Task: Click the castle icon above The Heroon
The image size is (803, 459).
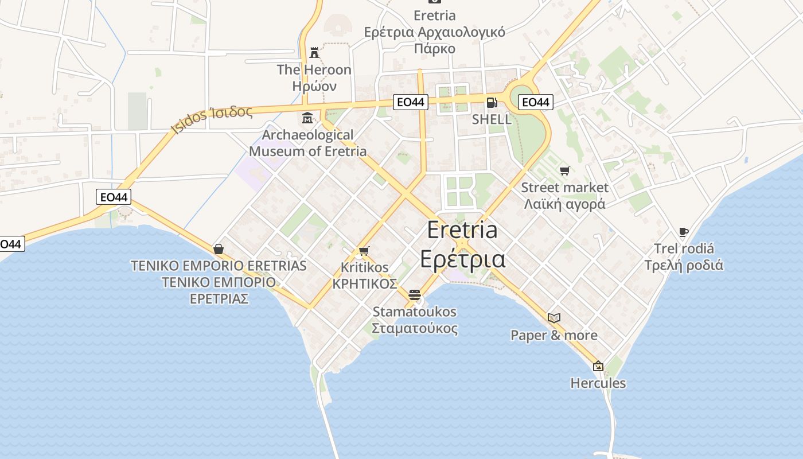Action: pos(314,53)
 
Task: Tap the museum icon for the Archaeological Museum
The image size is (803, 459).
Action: pos(307,119)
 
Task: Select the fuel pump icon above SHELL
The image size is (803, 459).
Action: pos(492,103)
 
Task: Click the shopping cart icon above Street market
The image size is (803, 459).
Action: pos(565,170)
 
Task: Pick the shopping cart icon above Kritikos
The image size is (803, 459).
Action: pos(364,251)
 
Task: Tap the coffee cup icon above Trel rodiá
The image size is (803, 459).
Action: pos(683,232)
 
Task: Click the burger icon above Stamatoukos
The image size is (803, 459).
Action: pos(415,295)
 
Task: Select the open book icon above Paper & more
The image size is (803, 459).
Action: pos(553,318)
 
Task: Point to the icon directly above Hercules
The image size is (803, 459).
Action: pos(598,365)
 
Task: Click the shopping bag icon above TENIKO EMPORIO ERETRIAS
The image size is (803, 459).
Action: pos(219,249)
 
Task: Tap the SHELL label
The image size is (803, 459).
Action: pos(492,119)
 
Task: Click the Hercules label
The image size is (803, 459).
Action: pos(598,383)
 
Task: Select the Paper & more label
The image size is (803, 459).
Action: pos(554,335)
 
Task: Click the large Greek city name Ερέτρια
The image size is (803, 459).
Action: pos(463,259)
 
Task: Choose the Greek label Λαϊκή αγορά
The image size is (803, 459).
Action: pos(564,204)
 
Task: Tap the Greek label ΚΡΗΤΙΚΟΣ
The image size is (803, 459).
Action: pos(365,284)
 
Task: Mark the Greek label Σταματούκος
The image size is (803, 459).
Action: pos(415,329)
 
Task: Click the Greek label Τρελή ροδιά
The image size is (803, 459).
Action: pos(684,265)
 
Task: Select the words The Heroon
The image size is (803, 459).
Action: pos(314,69)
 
